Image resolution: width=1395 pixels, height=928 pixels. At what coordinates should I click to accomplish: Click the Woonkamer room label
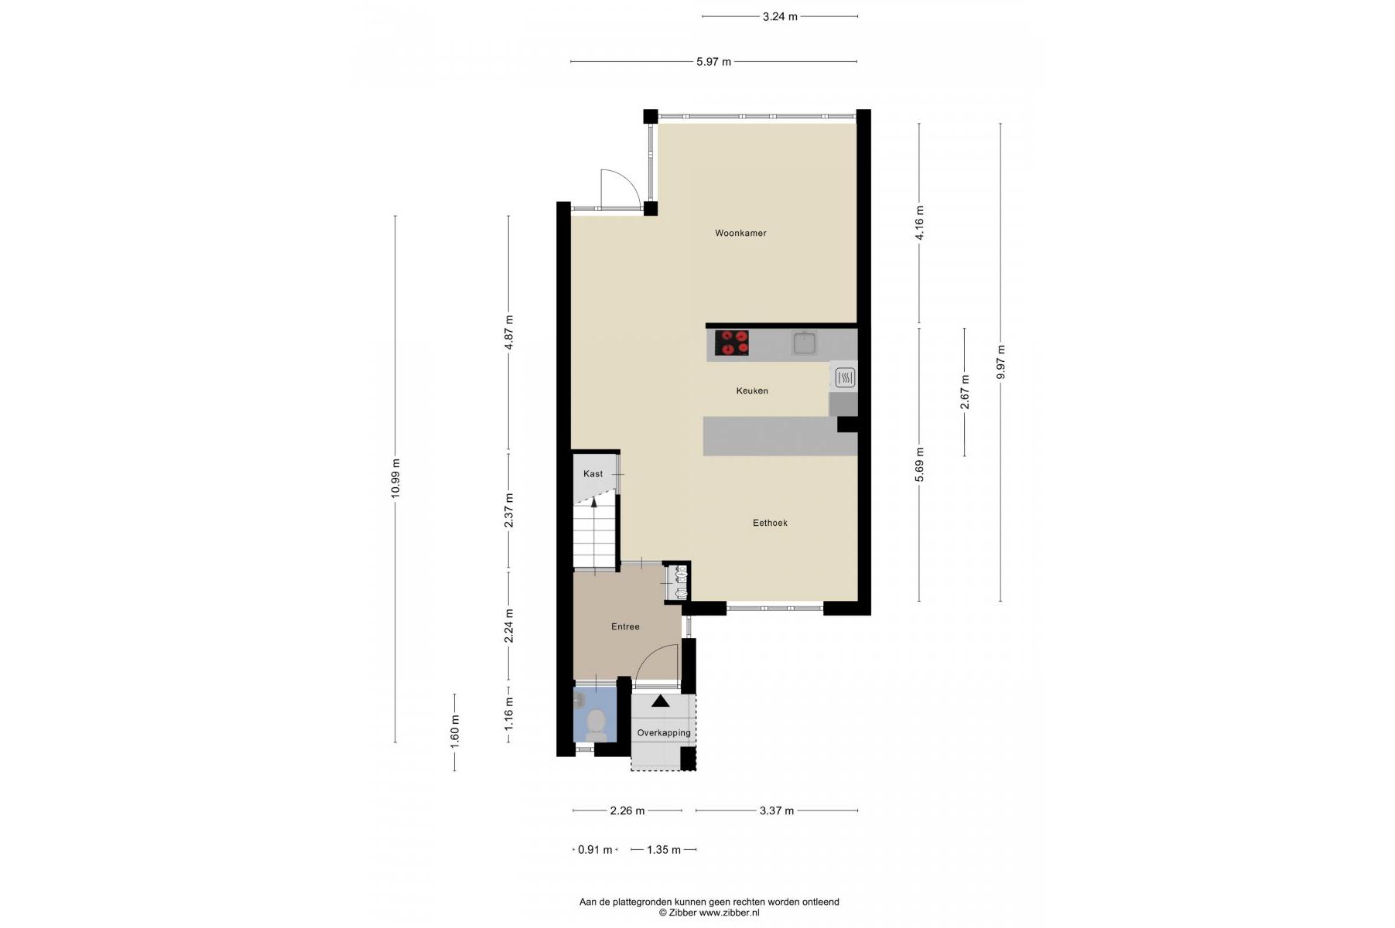coord(740,233)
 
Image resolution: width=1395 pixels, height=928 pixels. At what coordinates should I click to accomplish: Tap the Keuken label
coord(752,391)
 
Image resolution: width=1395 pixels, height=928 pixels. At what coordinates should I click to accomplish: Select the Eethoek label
coord(770,523)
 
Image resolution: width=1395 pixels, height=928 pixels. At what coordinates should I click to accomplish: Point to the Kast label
coord(593,474)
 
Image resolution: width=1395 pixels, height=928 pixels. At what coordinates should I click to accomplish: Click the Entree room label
coord(625,626)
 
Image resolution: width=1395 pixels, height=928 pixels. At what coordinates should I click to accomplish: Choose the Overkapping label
coord(664,733)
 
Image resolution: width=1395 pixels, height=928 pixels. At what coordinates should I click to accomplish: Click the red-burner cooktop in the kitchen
coord(731,343)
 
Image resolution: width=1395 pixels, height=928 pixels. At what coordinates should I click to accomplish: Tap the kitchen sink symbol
coord(805,343)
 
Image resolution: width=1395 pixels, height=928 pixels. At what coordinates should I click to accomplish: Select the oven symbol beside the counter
coord(845,377)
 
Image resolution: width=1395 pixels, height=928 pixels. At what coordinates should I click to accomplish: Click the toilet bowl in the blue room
coord(596,722)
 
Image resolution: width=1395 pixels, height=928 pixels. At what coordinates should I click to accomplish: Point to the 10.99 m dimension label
coord(395,479)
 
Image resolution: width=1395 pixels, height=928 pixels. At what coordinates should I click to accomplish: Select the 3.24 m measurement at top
coord(780,16)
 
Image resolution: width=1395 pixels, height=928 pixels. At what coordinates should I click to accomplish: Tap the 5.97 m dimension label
coord(713,62)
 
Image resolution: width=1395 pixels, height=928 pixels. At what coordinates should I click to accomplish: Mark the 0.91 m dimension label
coord(595,850)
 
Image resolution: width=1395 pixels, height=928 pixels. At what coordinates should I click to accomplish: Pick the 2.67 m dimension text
coord(965,392)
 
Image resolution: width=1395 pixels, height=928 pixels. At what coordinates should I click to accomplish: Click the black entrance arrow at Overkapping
coord(660,701)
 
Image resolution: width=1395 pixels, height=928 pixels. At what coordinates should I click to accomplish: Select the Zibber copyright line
coord(709,913)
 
